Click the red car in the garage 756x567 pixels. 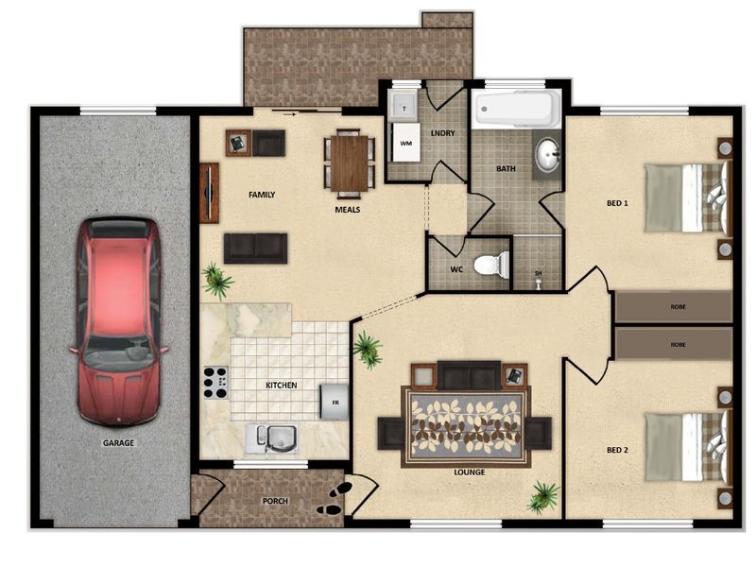tap(119, 321)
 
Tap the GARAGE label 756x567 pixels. tap(118, 442)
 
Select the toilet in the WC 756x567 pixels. tap(491, 265)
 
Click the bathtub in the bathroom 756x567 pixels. tap(516, 109)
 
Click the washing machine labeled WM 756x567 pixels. tap(405, 143)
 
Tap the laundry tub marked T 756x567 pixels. tap(404, 106)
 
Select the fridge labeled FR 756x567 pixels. tap(335, 402)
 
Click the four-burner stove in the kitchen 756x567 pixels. tap(215, 383)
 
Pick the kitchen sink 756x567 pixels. tap(271, 438)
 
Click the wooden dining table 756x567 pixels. tap(349, 163)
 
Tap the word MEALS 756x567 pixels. tap(347, 210)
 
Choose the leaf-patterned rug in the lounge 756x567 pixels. tap(466, 427)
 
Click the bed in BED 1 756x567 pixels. tap(688, 198)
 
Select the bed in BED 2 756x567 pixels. tap(688, 445)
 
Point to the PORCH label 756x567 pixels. tap(275, 501)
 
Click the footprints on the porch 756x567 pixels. tap(335, 499)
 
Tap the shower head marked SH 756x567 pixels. tap(539, 280)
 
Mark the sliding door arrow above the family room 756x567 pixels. tap(289, 114)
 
